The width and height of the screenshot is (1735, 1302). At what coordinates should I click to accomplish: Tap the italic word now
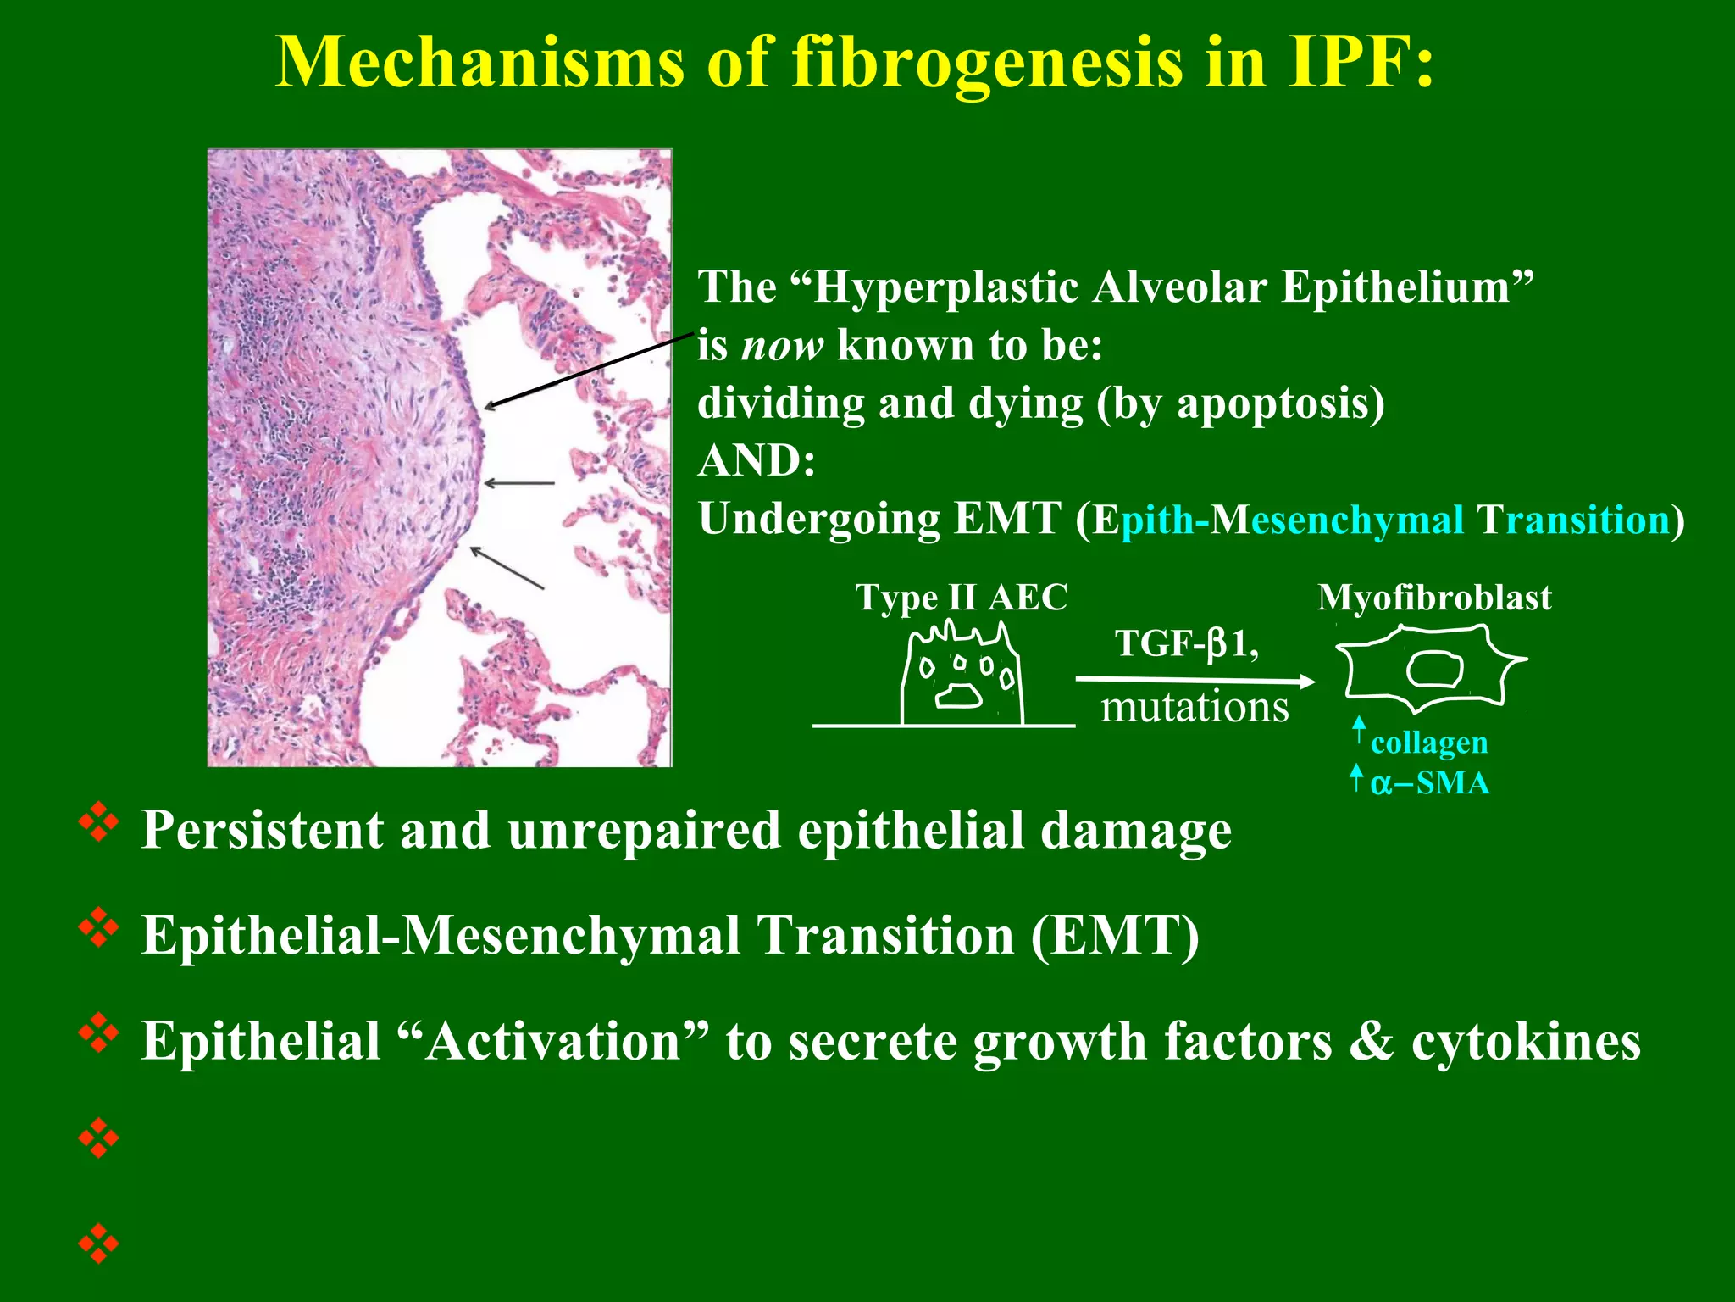[782, 346]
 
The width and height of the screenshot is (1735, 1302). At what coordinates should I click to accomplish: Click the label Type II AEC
[961, 598]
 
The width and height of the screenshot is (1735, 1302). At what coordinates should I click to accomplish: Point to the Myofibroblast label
[1434, 598]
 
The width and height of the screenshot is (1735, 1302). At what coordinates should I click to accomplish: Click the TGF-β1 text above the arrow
[1186, 643]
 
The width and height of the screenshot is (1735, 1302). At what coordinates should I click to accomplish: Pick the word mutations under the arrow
[1195, 707]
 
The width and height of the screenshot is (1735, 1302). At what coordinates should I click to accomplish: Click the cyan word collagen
[1428, 743]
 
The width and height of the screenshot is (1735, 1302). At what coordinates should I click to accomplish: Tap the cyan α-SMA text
[1429, 782]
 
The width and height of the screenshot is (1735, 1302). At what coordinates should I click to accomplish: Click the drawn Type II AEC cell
[962, 678]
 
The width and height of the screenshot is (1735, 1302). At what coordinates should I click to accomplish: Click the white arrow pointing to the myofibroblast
[1195, 680]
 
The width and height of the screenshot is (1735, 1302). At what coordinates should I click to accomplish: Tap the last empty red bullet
[98, 1244]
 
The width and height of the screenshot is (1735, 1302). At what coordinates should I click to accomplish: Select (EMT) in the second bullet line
[1115, 936]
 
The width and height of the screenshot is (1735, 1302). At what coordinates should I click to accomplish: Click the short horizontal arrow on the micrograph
[518, 483]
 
